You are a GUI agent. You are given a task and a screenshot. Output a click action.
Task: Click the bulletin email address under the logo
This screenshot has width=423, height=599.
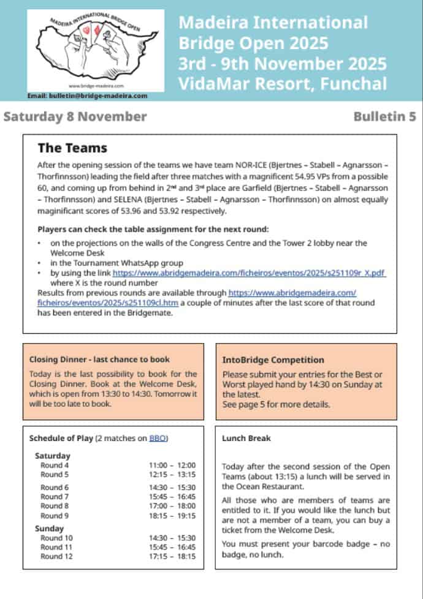[88, 96]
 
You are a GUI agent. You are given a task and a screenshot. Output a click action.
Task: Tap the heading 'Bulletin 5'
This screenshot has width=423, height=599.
[384, 116]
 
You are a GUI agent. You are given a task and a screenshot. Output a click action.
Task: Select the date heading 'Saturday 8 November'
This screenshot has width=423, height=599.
[75, 116]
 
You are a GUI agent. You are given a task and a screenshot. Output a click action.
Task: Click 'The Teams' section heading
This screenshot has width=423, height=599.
[72, 148]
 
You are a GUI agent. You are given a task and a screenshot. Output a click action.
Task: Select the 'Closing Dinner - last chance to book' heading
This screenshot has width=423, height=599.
[99, 360]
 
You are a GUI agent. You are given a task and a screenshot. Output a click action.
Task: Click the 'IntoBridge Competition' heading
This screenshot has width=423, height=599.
[273, 360]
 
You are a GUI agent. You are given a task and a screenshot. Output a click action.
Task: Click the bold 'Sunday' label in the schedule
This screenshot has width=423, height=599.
[49, 528]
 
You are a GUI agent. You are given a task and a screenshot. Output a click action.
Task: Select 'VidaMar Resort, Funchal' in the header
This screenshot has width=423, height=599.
[283, 84]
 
